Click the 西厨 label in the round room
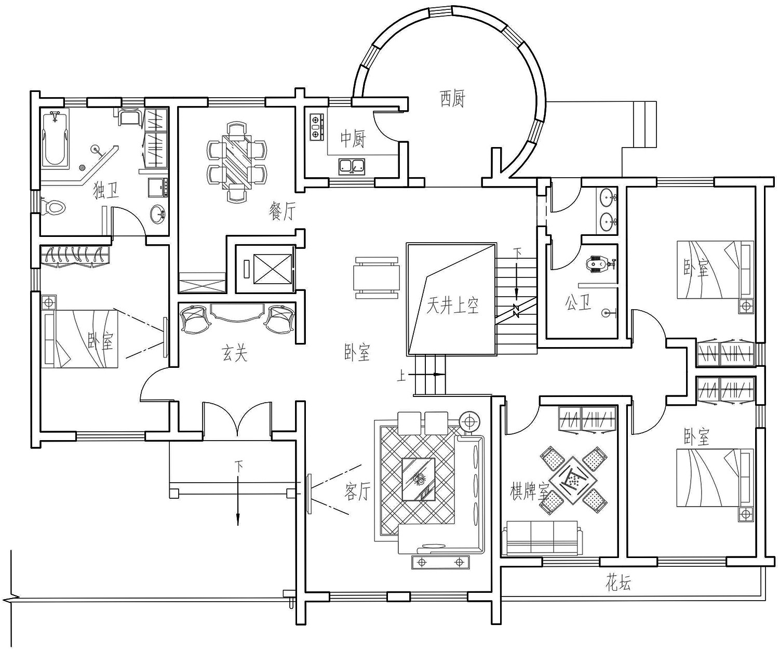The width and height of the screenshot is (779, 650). point(452,98)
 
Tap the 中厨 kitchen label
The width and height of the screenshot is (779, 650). point(353,139)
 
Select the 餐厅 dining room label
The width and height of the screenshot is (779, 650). point(282,211)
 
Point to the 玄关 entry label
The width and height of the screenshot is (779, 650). point(235,354)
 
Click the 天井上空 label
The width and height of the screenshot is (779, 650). point(452,305)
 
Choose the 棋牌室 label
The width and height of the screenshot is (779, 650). point(529,491)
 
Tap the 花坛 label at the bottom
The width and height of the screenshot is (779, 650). point(618,583)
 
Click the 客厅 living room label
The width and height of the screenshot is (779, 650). point(357,491)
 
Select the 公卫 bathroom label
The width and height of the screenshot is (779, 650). point(578,303)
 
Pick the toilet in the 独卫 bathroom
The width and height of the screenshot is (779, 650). point(55,208)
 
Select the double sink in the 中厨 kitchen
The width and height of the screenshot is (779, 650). point(352,166)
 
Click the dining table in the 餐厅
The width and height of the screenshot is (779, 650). point(237,161)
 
